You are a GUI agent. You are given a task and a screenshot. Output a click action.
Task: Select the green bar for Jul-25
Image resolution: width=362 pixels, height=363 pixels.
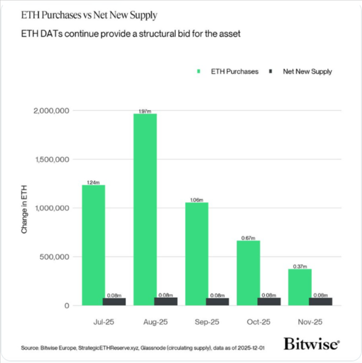pyautogui.click(x=93, y=243)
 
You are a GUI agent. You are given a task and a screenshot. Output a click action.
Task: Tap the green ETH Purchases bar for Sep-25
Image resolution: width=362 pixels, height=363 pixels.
pyautogui.click(x=196, y=253)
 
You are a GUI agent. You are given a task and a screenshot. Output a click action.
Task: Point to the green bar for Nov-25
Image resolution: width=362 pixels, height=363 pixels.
pyautogui.click(x=300, y=286)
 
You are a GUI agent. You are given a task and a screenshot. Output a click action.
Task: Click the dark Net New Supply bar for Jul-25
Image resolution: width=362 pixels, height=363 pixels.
pyautogui.click(x=114, y=302)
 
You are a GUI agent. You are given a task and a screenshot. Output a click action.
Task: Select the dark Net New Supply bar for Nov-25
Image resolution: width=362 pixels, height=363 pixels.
pyautogui.click(x=321, y=302)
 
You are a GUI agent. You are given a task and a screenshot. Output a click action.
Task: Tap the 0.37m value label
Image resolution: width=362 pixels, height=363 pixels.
pyautogui.click(x=300, y=267)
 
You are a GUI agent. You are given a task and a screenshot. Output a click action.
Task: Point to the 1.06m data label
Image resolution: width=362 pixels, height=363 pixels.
pyautogui.click(x=196, y=200)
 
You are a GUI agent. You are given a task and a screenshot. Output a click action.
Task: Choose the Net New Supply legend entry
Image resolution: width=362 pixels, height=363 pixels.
pyautogui.click(x=307, y=71)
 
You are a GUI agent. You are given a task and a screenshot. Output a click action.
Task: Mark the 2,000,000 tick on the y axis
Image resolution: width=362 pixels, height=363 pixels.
pyautogui.click(x=51, y=111)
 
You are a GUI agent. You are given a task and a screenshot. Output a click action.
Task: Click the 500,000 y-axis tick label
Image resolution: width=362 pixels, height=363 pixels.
pyautogui.click(x=55, y=257)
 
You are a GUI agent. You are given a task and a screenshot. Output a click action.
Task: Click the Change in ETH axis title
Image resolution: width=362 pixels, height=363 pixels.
pyautogui.click(x=24, y=208)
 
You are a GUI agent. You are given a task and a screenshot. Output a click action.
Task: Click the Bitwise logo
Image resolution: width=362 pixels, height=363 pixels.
pyautogui.click(x=311, y=344)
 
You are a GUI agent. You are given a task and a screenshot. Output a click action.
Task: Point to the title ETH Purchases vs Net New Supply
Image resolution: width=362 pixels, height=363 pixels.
pyautogui.click(x=89, y=16)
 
